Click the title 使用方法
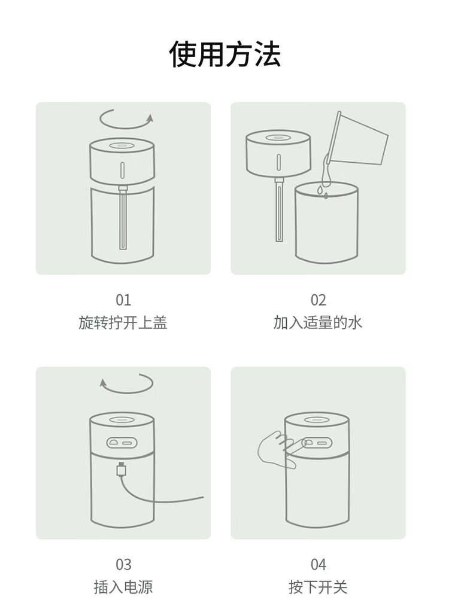pyautogui.click(x=224, y=53)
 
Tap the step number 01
pyautogui.click(x=123, y=300)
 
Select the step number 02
pyautogui.click(x=318, y=300)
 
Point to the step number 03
pyautogui.click(x=123, y=564)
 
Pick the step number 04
pyautogui.click(x=318, y=564)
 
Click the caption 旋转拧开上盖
pyautogui.click(x=123, y=323)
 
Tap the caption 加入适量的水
pyautogui.click(x=318, y=323)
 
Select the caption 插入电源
pyautogui.click(x=123, y=587)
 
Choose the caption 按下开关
pyautogui.click(x=318, y=587)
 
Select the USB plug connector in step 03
pyautogui.click(x=122, y=469)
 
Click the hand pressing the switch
pyautogui.click(x=278, y=450)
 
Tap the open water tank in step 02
pyautogui.click(x=326, y=223)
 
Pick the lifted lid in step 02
pyautogui.click(x=278, y=153)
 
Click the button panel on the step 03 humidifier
pyautogui.click(x=122, y=443)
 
